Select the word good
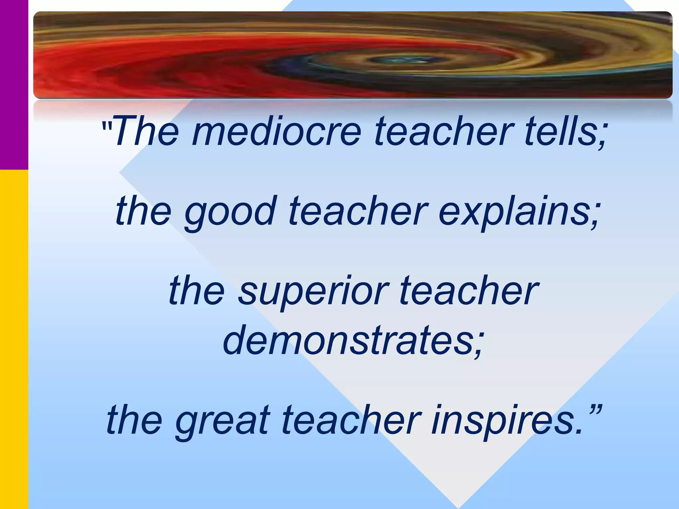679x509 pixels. click(230, 211)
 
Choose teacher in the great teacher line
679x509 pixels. click(351, 420)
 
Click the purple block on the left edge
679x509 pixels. click(14, 85)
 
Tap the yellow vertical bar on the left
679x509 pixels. click(14, 338)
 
